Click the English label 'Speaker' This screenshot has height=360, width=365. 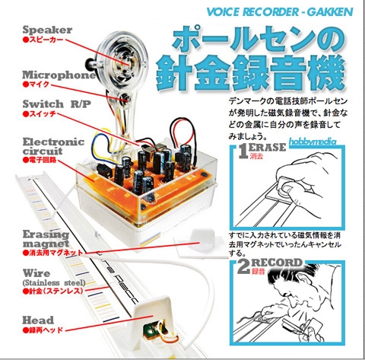pos(47,30)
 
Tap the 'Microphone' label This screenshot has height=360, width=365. pos(59,75)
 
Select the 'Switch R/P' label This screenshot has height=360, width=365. pos(56,104)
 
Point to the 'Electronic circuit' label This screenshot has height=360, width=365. pos(53,146)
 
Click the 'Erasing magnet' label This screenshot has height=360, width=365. pos(46,239)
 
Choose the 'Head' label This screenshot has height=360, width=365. pos(38,320)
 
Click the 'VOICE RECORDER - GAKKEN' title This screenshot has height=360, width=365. pos(280,12)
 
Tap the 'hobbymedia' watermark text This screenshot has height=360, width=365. pos(313,142)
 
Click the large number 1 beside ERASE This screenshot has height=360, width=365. pos(243,151)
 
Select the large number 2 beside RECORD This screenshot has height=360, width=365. pos(243,266)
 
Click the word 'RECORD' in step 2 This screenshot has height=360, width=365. pos(277,263)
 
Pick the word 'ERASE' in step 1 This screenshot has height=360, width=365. pos(268,148)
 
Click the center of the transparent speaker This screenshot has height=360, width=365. pos(125,62)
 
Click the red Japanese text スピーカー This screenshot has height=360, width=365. pos(43,40)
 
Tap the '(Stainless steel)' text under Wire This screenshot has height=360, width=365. pos(54,282)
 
